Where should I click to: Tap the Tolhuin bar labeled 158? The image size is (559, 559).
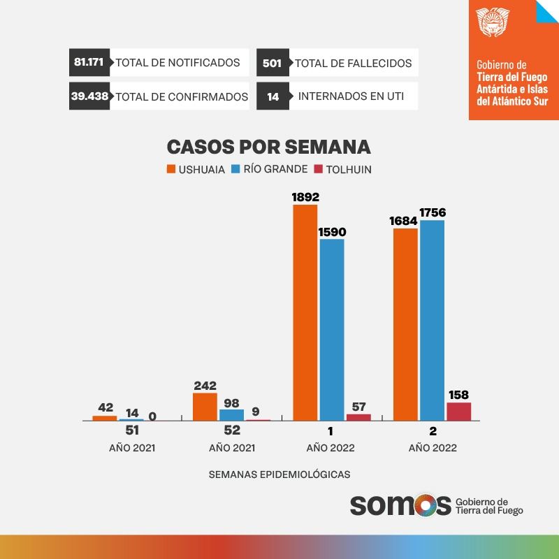coord(459,412)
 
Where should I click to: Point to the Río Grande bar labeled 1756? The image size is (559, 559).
coord(432,321)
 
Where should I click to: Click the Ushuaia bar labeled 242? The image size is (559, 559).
coord(205,407)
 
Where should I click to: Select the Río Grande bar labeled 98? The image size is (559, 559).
coord(231,414)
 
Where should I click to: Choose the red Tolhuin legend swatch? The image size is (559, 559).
coord(318,169)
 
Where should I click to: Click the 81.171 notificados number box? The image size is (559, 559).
coord(89,62)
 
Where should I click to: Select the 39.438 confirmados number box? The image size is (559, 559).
coord(89,96)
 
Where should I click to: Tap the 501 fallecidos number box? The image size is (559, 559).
coord(272,63)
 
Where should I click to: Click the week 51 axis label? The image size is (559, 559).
coord(132,430)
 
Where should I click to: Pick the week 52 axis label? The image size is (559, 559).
coord(231,430)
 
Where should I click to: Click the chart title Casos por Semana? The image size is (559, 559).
coord(268,147)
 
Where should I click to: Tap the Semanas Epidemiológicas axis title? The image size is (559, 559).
coord(279,474)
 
